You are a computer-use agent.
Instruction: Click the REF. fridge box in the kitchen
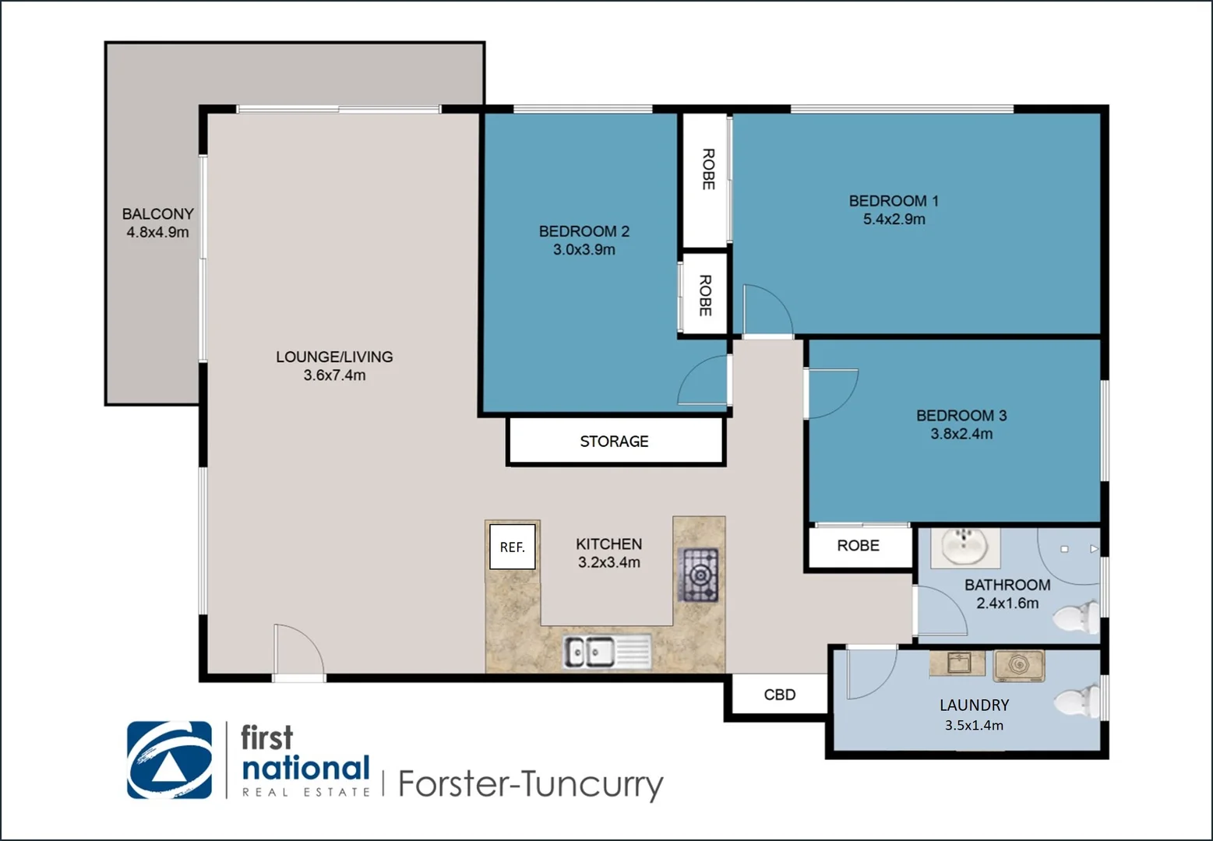(512, 547)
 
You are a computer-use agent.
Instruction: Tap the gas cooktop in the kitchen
(699, 575)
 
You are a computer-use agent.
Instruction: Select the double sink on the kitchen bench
(607, 651)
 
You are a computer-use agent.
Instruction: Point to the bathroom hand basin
(965, 547)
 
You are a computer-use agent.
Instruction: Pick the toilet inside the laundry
(1078, 701)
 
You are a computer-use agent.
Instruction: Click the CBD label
(779, 695)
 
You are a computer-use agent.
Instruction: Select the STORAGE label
(614, 442)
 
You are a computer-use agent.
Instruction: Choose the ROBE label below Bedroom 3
(858, 546)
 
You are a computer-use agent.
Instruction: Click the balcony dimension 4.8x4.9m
(157, 232)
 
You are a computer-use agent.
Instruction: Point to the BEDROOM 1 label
(894, 201)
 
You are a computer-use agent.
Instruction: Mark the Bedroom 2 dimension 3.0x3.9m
(584, 250)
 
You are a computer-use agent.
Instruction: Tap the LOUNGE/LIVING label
(334, 357)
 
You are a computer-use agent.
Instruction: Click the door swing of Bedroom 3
(830, 393)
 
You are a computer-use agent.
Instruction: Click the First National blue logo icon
(169, 760)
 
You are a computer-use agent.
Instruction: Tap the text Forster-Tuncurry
(530, 783)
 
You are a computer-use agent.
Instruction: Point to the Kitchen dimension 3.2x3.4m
(608, 562)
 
